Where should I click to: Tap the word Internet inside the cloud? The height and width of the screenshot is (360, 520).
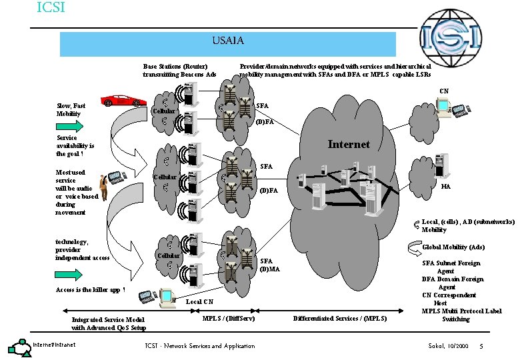pos(349,144)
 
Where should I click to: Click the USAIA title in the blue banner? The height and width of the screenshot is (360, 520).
pos(228,41)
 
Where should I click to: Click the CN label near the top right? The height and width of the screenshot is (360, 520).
pos(443,91)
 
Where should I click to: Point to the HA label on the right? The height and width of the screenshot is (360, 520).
pos(446,187)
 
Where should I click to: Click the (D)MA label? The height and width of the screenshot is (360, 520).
pos(270,269)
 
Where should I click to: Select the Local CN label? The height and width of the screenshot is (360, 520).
pos(199,301)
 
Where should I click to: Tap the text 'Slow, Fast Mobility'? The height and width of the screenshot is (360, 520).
pos(71,109)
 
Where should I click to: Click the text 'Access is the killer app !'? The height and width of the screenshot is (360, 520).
pos(90,290)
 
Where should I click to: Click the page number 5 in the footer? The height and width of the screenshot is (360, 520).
pos(481,345)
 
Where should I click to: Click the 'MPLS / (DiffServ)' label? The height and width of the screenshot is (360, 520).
pos(228,318)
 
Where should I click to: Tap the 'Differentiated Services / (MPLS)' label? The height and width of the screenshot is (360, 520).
pos(339,319)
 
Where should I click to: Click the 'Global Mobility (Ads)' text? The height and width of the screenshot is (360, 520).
pos(453,247)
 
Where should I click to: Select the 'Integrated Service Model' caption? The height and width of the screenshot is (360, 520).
pos(108,323)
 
